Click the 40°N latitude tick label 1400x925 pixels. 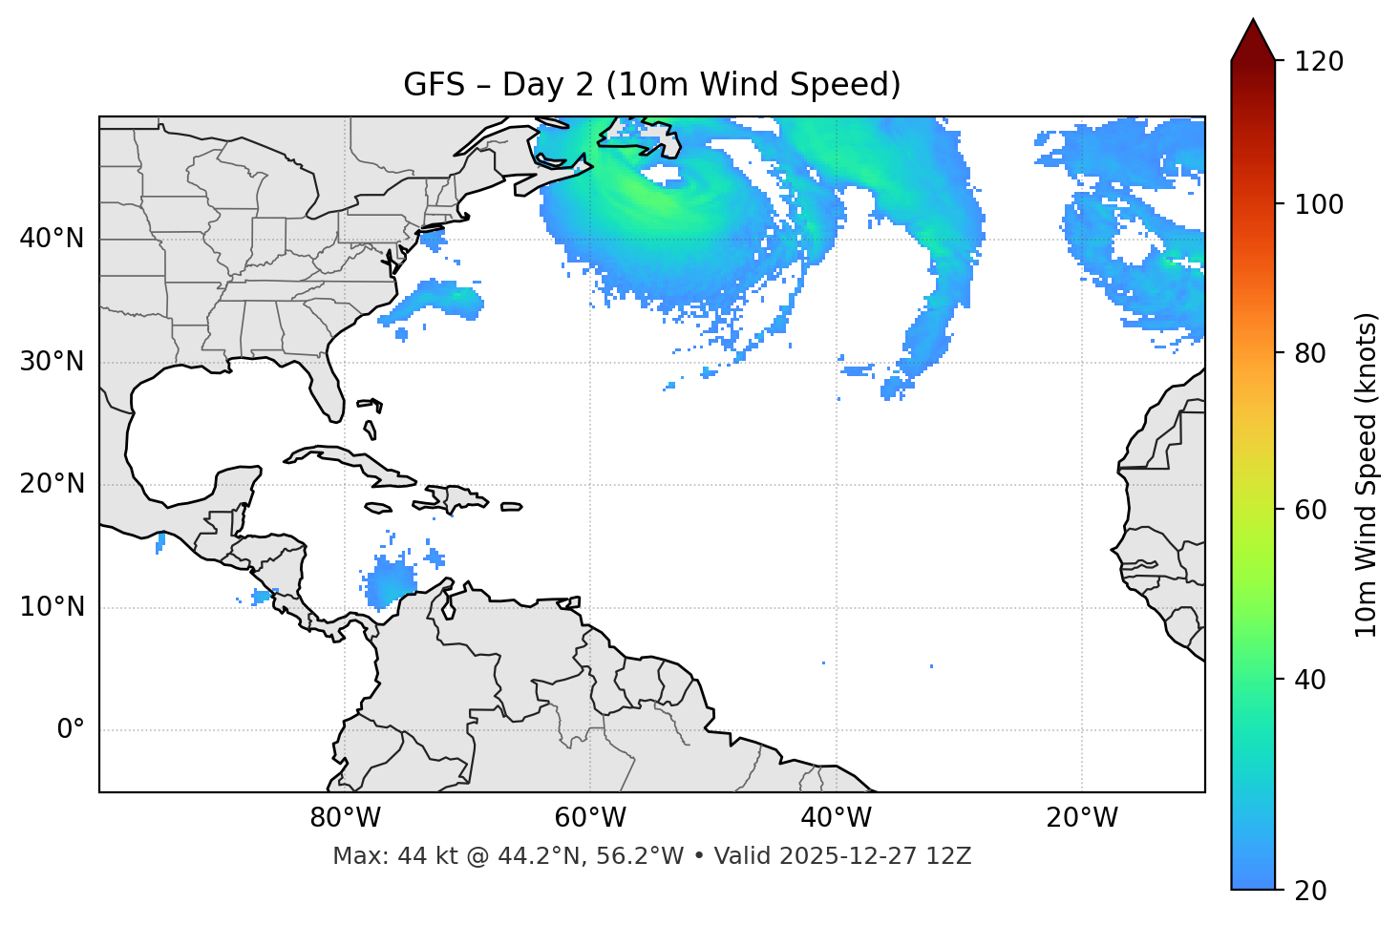point(52,239)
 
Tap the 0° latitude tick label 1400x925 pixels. point(70,730)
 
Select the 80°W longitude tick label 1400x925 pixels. point(345,818)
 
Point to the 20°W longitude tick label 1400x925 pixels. point(1082,818)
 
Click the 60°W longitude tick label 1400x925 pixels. point(590,818)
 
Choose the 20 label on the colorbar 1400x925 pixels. point(1310,890)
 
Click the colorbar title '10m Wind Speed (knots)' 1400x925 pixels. point(1367,474)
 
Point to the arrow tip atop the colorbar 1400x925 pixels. point(1253,21)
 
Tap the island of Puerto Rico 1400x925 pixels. point(511,507)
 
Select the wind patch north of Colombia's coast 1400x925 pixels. point(392,582)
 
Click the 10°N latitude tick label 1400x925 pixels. point(52,607)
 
